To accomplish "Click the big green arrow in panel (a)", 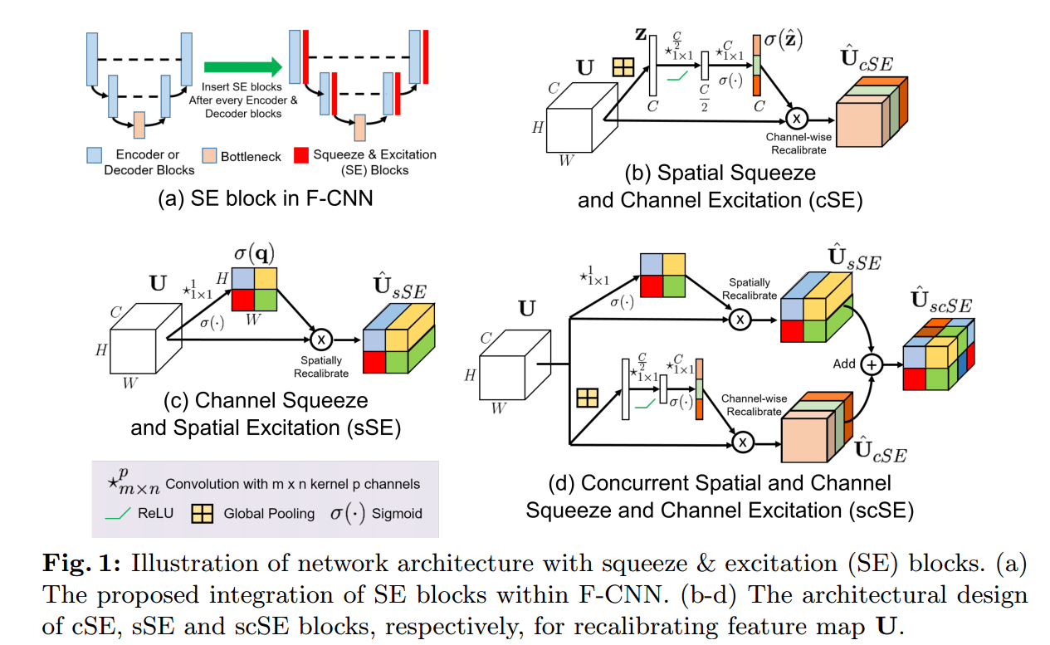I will tap(242, 67).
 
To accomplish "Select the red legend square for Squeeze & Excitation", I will tap(300, 155).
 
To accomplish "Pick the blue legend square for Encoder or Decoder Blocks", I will tap(94, 155).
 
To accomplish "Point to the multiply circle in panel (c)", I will tap(320, 339).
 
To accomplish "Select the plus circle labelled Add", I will tap(872, 364).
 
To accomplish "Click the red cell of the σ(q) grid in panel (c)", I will tap(243, 297).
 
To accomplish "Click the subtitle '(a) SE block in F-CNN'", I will tap(257, 199).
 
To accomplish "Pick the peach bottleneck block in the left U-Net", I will tap(139, 125).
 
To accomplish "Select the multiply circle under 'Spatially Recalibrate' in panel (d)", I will tap(739, 318).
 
